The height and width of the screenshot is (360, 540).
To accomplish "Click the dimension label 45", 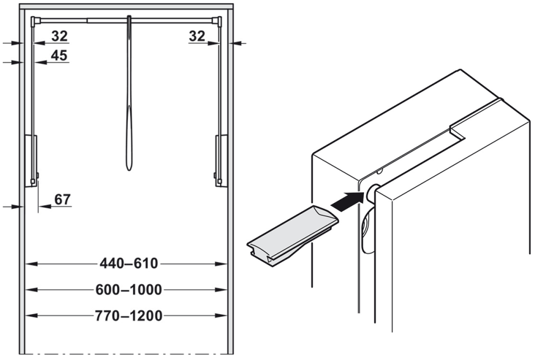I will [59, 55].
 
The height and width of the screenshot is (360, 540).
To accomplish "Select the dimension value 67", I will [63, 199].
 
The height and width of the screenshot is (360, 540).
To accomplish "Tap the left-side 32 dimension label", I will [59, 36].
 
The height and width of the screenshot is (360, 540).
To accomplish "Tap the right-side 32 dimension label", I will [197, 36].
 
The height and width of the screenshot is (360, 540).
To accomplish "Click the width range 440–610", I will [129, 264].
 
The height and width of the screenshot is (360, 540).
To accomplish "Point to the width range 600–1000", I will [129, 290].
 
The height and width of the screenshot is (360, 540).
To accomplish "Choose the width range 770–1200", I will [129, 316].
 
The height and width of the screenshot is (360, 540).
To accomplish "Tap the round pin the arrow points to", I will [372, 193].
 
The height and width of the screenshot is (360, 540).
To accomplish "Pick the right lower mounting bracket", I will [221, 160].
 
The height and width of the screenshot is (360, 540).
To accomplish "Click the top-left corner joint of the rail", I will [36, 21].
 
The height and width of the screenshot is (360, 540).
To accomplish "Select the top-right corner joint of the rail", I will [219, 21].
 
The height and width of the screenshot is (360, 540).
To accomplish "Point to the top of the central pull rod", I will [129, 19].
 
